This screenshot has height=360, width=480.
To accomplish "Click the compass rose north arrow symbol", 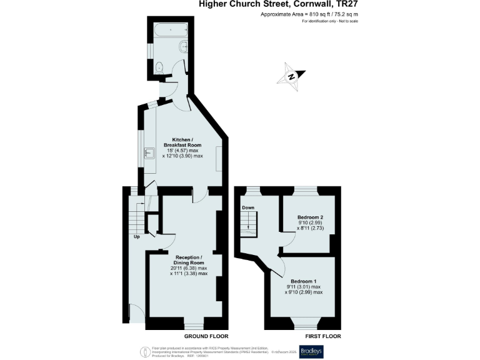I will tap(292, 76).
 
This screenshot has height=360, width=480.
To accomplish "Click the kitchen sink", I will tap(150, 152).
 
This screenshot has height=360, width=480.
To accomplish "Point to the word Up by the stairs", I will tap(136, 237).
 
